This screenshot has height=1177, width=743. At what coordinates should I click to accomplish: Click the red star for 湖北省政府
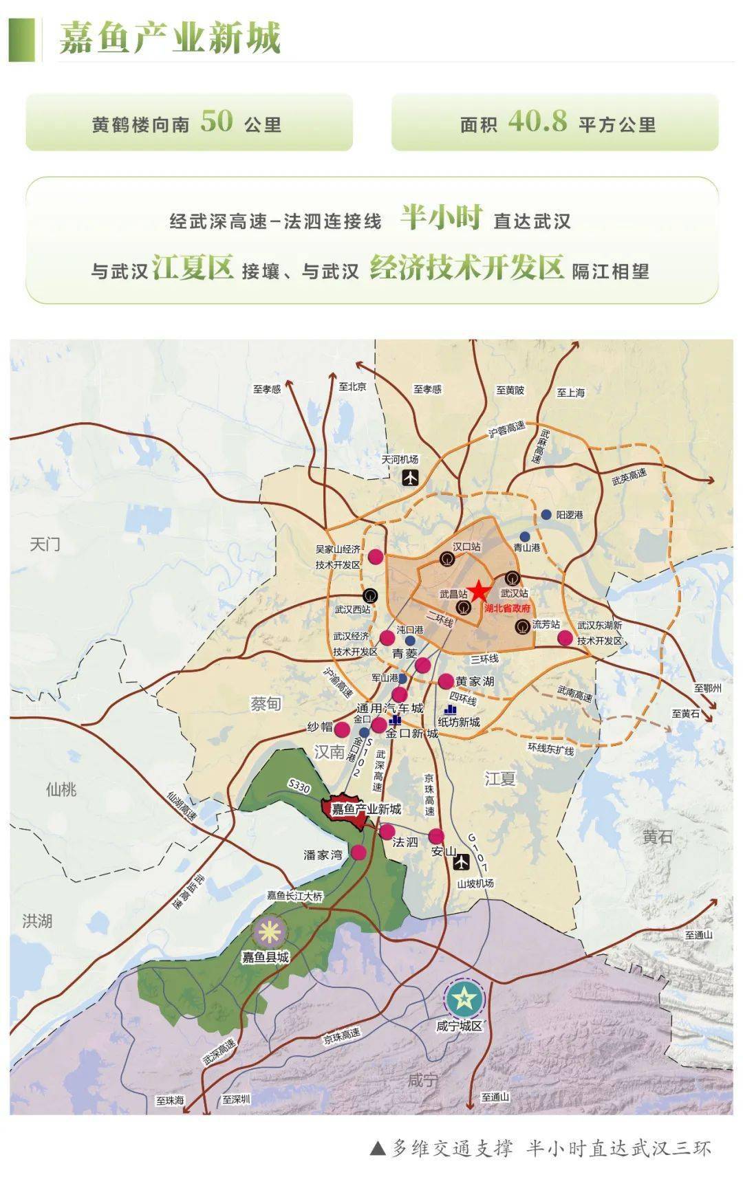pyautogui.click(x=479, y=592)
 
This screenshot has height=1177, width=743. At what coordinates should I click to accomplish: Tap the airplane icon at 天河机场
pyautogui.click(x=411, y=477)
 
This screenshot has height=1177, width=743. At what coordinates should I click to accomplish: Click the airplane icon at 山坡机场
pyautogui.click(x=463, y=860)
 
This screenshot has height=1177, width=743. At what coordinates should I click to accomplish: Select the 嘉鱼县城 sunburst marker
pyautogui.click(x=270, y=932)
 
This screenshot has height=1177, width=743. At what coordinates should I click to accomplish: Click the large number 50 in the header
pyautogui.click(x=216, y=122)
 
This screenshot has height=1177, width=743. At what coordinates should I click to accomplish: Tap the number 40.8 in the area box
pyautogui.click(x=538, y=122)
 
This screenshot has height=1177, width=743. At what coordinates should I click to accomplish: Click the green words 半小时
pyautogui.click(x=442, y=218)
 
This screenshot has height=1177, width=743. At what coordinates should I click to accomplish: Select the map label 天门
pyautogui.click(x=45, y=544)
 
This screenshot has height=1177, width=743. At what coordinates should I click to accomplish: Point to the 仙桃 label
pyautogui.click(x=61, y=789)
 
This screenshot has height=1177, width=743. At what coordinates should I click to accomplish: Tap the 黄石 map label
pyautogui.click(x=658, y=837)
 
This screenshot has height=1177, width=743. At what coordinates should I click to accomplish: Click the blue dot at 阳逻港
pyautogui.click(x=546, y=514)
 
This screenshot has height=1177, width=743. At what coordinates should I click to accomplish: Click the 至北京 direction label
pyautogui.click(x=352, y=387)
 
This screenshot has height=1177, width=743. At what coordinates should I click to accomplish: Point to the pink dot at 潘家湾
pyautogui.click(x=358, y=852)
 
